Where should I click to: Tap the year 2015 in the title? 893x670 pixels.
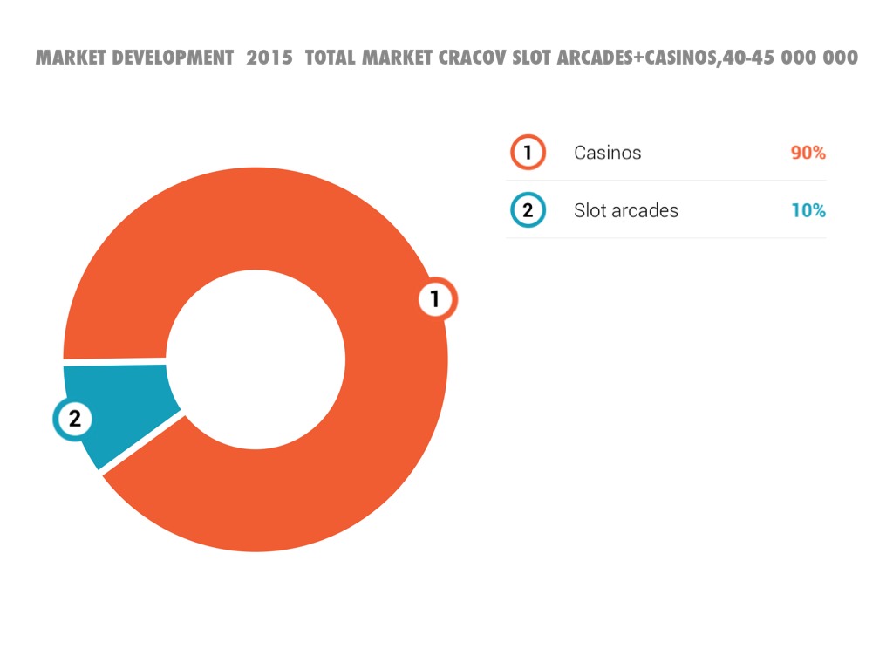(x=269, y=58)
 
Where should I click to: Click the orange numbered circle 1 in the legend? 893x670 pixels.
(x=528, y=153)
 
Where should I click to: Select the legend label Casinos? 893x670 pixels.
(x=607, y=153)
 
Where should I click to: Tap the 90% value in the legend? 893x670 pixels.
(x=808, y=153)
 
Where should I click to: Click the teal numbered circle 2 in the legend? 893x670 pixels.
(x=528, y=210)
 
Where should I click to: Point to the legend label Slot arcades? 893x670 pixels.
(x=625, y=210)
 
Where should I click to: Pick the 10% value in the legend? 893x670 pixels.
(x=808, y=210)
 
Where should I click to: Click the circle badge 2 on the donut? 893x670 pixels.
(x=74, y=419)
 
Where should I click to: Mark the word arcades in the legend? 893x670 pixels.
(x=644, y=210)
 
